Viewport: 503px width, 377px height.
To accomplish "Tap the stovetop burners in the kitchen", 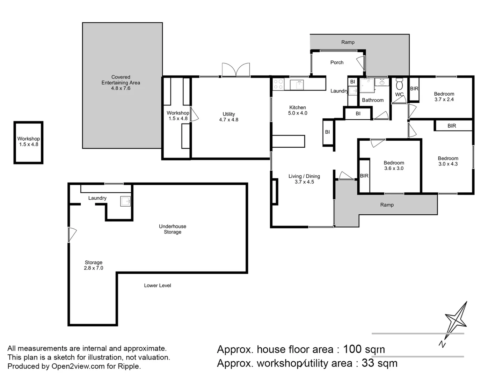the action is (278, 84).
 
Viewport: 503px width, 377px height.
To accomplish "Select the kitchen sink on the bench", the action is (297, 85).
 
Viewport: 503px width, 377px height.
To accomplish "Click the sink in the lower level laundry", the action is (125, 201).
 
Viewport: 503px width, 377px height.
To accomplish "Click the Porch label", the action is (337, 62).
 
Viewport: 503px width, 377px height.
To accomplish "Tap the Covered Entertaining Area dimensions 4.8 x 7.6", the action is (121, 88).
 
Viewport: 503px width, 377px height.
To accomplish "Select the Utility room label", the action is (228, 114).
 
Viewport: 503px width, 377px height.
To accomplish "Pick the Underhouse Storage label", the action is (172, 229).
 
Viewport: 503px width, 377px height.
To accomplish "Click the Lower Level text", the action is (158, 286).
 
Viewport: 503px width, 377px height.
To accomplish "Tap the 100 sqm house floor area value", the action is (364, 349).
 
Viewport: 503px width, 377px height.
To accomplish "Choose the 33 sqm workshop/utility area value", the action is (379, 363).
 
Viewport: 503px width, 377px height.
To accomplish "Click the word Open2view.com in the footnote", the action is (78, 366).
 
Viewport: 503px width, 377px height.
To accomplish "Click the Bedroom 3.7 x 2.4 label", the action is (444, 97).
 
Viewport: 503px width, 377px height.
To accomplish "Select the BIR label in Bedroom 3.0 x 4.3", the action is (452, 126).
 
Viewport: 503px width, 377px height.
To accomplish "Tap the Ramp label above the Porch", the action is (348, 42).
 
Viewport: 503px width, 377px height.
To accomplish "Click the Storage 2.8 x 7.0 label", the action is (94, 265).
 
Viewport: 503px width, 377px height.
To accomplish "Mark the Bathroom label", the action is (373, 100).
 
